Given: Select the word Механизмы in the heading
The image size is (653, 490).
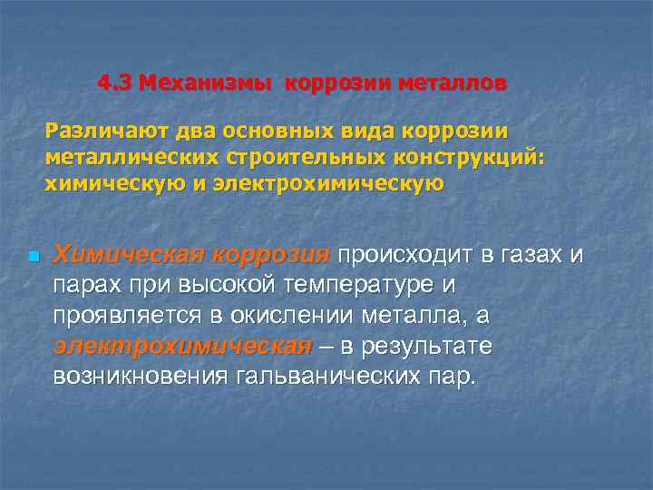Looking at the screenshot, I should (x=206, y=83).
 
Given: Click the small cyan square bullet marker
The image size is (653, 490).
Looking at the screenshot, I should (x=32, y=257).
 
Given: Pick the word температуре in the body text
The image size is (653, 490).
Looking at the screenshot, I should (x=361, y=285).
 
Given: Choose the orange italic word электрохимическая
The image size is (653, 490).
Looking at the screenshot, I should (x=182, y=346).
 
